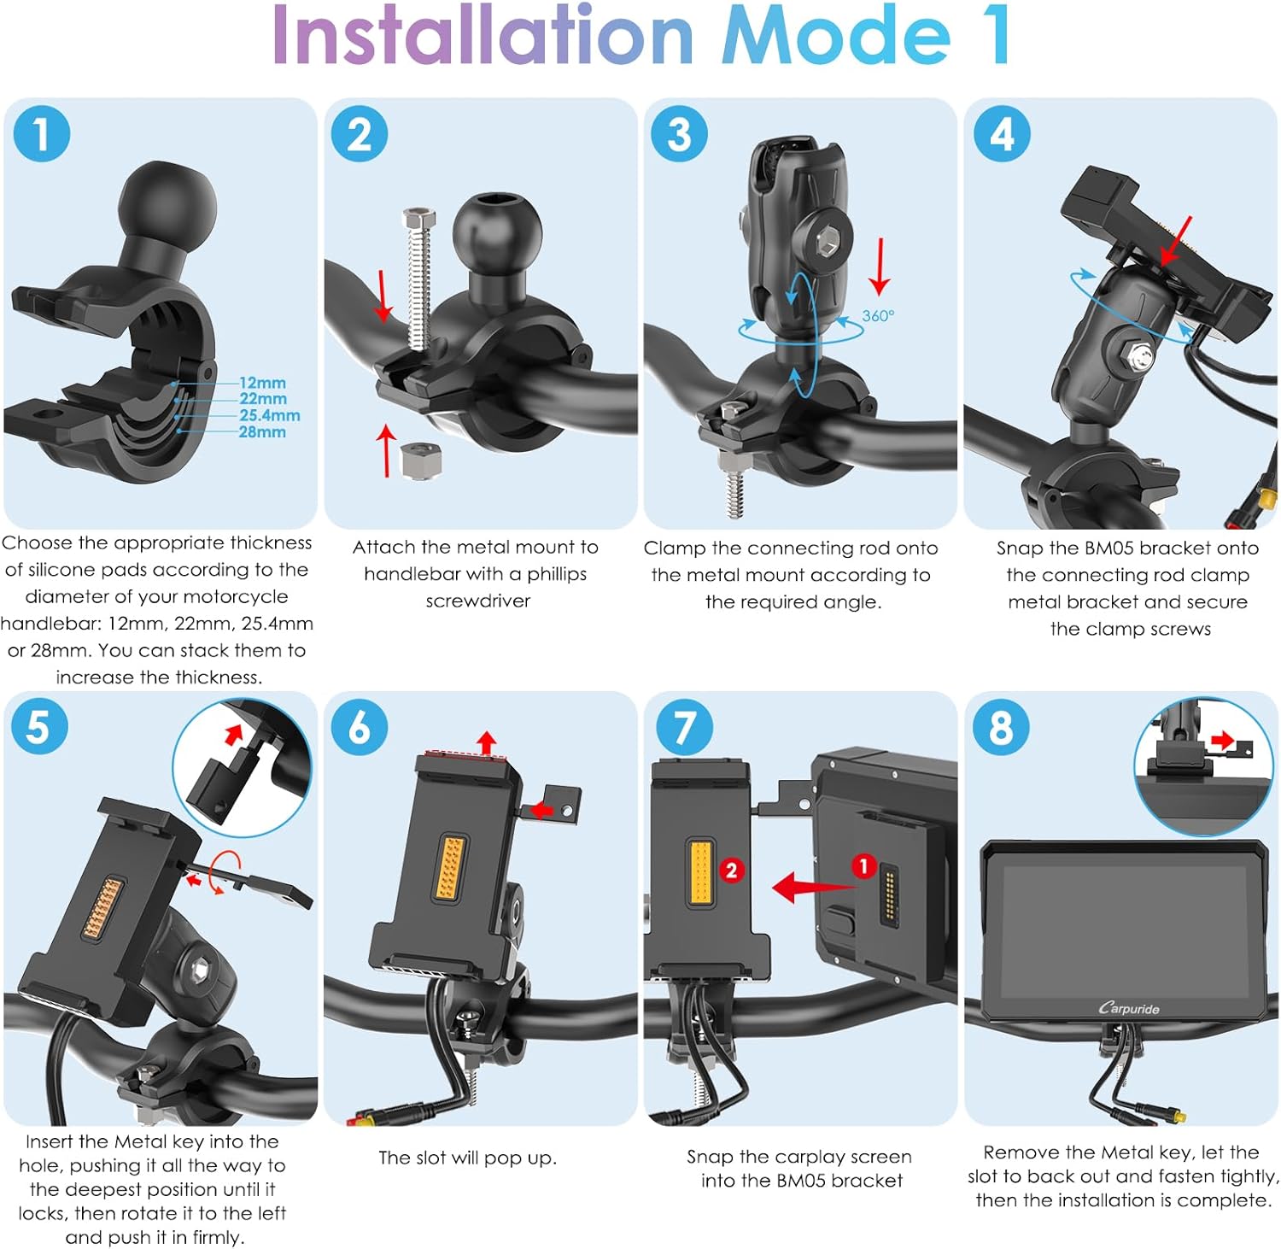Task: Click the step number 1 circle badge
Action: (41, 134)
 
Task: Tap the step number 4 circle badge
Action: (1002, 134)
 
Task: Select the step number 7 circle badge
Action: (683, 728)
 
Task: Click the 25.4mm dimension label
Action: (270, 415)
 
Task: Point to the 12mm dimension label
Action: (262, 383)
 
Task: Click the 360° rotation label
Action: (878, 316)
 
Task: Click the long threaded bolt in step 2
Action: (418, 278)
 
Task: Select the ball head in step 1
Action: (167, 205)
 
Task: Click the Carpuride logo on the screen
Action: (1129, 1008)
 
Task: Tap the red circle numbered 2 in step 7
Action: (731, 871)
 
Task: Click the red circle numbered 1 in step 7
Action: (863, 866)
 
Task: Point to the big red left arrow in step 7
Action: (812, 887)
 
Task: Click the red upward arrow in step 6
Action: (487, 742)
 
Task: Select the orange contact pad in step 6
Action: (450, 866)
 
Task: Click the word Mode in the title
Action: (836, 36)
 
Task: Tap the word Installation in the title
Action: (483, 36)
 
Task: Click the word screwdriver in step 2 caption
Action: (478, 601)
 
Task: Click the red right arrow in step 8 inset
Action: (1223, 740)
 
